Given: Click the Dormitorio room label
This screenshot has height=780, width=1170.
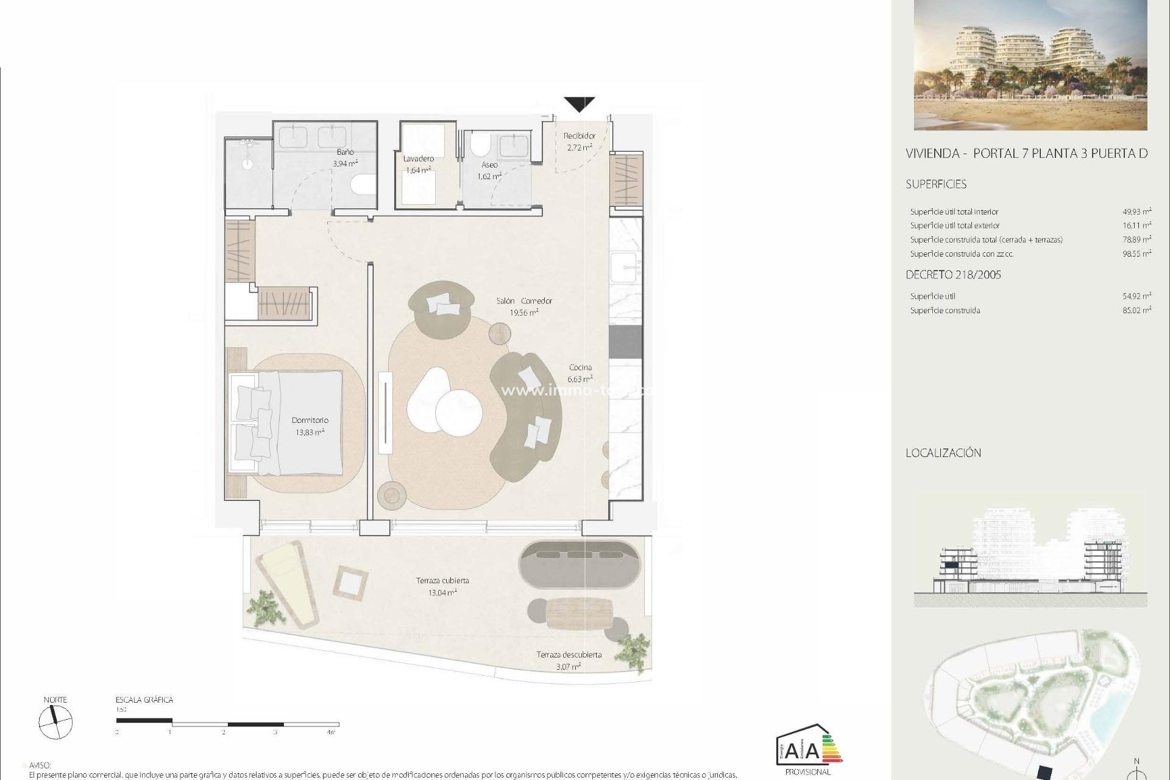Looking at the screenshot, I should (x=310, y=420).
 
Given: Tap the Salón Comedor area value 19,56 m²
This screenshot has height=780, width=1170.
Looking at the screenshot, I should (x=523, y=313).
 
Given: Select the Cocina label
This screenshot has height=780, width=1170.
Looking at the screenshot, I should (x=580, y=367).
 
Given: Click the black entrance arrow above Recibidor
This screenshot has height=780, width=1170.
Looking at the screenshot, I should (x=579, y=104).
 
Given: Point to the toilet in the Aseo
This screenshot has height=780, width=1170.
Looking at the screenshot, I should (x=480, y=146).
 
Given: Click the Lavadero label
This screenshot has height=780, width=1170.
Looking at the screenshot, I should (x=418, y=158).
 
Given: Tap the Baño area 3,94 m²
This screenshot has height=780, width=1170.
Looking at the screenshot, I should (x=345, y=163).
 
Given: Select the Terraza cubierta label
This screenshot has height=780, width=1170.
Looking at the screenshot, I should (x=442, y=580).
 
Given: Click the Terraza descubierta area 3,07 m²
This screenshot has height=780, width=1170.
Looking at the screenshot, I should (x=569, y=667).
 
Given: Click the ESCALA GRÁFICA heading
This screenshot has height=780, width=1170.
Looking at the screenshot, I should (x=144, y=700).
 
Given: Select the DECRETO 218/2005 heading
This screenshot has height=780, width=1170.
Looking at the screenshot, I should (x=953, y=275).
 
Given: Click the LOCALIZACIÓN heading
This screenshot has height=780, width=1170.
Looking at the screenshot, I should (x=943, y=453).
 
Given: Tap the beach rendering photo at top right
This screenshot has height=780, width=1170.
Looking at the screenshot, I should (x=1030, y=65).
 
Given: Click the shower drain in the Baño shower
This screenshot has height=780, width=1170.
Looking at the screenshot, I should (x=249, y=163).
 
